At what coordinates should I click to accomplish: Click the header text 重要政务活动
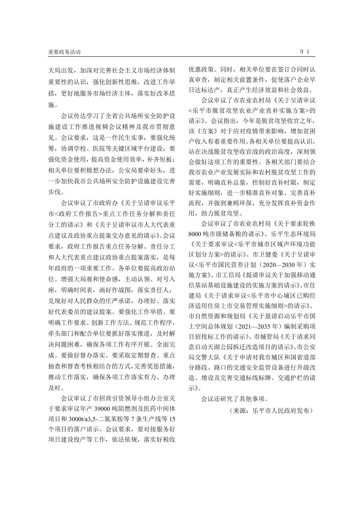[64, 52]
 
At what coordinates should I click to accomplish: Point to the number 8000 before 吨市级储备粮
[194, 233]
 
